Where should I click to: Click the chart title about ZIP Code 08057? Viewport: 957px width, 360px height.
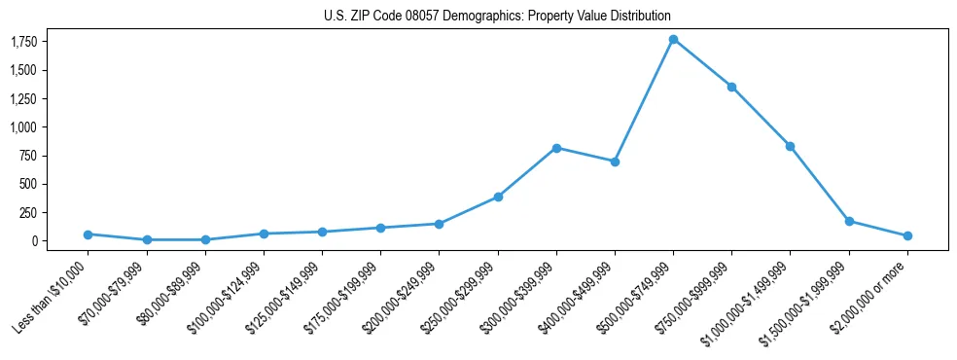(497, 17)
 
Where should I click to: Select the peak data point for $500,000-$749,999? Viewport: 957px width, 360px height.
(673, 40)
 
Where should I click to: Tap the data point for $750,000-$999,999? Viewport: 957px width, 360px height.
(731, 87)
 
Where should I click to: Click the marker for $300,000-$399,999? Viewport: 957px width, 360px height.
(556, 148)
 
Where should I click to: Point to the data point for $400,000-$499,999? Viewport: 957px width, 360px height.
(615, 162)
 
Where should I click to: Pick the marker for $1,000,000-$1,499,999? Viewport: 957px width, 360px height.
(790, 146)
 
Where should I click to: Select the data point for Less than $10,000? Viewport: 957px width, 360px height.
(88, 234)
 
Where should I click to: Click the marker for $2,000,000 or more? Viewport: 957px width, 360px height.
(907, 235)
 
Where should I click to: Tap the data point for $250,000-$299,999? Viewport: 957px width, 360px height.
(498, 197)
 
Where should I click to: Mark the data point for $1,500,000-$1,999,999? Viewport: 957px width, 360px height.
(849, 221)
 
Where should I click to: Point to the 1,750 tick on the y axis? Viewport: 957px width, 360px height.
(23, 42)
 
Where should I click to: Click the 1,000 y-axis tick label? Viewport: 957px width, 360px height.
(23, 127)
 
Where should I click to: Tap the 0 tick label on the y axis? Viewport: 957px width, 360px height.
(33, 241)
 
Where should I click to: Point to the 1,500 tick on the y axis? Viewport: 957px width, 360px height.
(23, 71)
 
